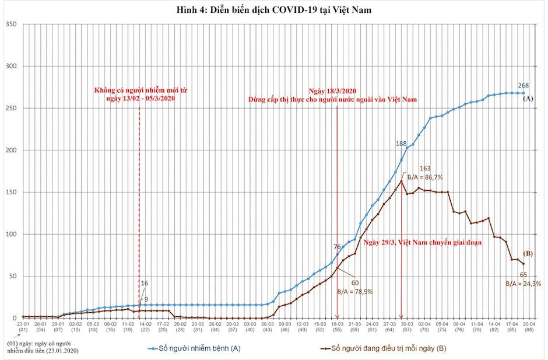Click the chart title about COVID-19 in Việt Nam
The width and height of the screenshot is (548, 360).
pyautogui.click(x=274, y=10)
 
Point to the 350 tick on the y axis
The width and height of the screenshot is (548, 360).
pyautogui.click(x=10, y=24)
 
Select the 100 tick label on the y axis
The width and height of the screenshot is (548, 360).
pyautogui.click(x=10, y=234)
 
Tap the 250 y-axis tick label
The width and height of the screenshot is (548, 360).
pyautogui.click(x=10, y=108)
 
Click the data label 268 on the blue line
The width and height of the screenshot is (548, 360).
pyautogui.click(x=524, y=85)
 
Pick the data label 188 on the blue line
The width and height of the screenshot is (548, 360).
pyautogui.click(x=401, y=144)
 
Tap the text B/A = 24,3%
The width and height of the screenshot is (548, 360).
pyautogui.click(x=522, y=284)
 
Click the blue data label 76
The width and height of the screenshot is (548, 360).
pyautogui.click(x=337, y=247)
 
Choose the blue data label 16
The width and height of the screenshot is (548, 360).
pyautogui.click(x=145, y=284)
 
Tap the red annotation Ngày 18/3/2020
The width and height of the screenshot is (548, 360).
pyautogui.click(x=332, y=91)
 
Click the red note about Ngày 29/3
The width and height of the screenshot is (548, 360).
pyautogui.click(x=423, y=243)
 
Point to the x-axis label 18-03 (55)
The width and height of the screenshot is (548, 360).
pyautogui.click(x=337, y=326)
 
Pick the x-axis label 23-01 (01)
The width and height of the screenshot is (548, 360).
pyautogui.click(x=23, y=326)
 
